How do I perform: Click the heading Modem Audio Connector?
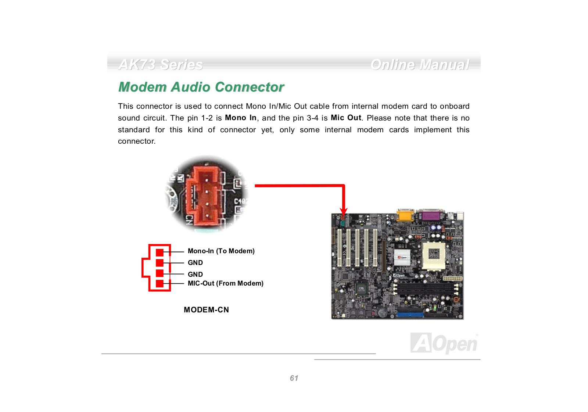(x=201, y=87)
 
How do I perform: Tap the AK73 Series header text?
(x=161, y=65)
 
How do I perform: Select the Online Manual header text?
(x=420, y=65)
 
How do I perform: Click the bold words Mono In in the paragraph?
(x=240, y=118)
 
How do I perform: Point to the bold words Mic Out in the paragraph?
(x=346, y=118)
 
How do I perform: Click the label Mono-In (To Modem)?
(x=221, y=251)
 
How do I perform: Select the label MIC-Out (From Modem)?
(x=225, y=283)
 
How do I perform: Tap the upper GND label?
(x=195, y=263)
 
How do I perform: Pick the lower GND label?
(x=195, y=275)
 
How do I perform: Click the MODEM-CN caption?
(x=206, y=310)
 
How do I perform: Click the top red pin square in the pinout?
(x=159, y=252)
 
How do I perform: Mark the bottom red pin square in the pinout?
(x=159, y=284)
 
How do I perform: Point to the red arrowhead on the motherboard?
(x=344, y=211)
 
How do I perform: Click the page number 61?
(x=294, y=378)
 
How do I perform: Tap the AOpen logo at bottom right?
(x=444, y=343)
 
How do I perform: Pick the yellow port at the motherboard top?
(x=405, y=215)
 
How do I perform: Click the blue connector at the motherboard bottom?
(x=410, y=315)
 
